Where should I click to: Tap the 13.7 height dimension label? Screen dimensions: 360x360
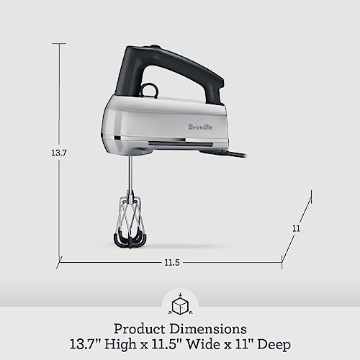(48, 153)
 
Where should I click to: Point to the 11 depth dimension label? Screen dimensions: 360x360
(296, 228)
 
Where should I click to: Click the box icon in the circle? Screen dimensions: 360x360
(179, 304)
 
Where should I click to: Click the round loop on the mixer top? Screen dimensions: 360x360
(150, 89)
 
